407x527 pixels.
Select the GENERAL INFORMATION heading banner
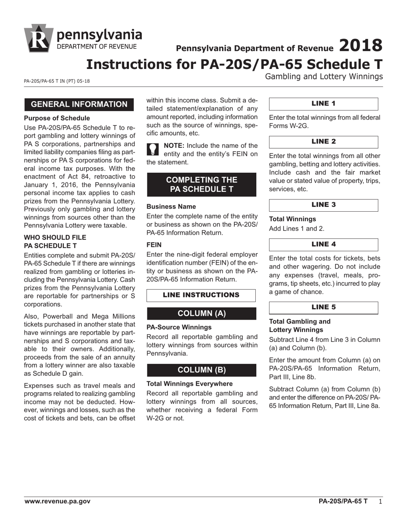(79, 105)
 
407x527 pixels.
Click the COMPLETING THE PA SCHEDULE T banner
(201, 184)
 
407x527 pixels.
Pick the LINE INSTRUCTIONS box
(201, 295)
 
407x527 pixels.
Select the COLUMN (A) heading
(201, 314)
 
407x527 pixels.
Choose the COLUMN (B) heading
(201, 370)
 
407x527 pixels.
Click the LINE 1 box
(323, 104)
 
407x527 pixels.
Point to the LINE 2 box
(323, 142)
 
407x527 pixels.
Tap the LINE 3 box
(323, 205)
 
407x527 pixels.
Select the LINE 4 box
(323, 244)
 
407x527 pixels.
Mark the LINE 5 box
(323, 307)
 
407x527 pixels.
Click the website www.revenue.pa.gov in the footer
(57, 501)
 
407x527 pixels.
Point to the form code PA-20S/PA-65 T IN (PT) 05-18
(57, 81)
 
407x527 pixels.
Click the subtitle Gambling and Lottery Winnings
(324, 77)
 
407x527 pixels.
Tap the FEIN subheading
(154, 245)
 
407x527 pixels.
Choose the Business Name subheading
(171, 207)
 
